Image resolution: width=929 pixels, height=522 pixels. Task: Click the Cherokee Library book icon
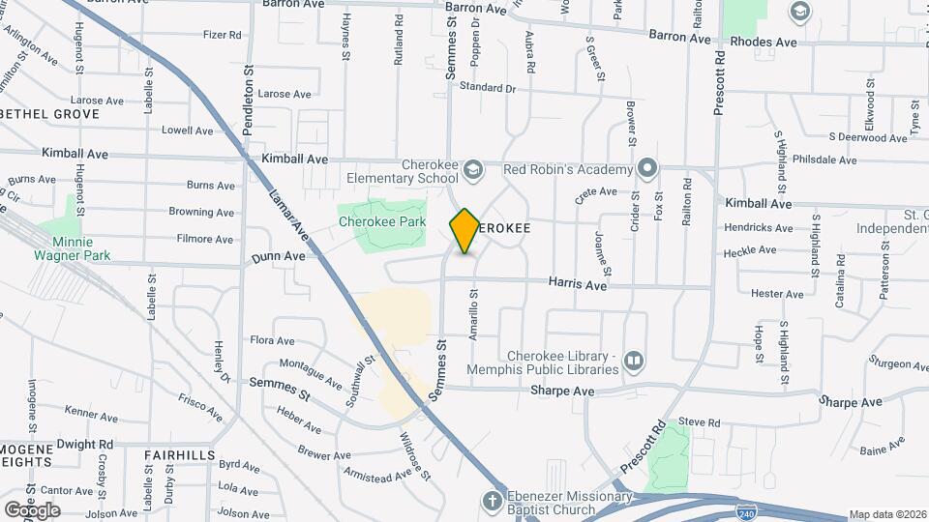[634, 361]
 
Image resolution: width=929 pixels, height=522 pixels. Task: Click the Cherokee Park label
[382, 221]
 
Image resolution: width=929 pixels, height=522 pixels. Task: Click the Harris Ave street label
[577, 286]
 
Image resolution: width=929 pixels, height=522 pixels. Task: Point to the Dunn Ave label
[279, 257]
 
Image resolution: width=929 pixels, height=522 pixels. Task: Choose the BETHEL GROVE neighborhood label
[50, 114]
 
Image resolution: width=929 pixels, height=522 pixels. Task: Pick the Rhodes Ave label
[764, 43]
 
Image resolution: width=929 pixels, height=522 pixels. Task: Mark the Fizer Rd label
[222, 36]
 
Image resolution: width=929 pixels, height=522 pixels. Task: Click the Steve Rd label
[700, 422]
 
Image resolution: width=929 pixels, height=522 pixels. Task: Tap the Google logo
[32, 509]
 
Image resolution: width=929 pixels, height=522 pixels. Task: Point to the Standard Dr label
[489, 87]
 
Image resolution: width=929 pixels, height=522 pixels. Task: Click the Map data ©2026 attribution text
[886, 514]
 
